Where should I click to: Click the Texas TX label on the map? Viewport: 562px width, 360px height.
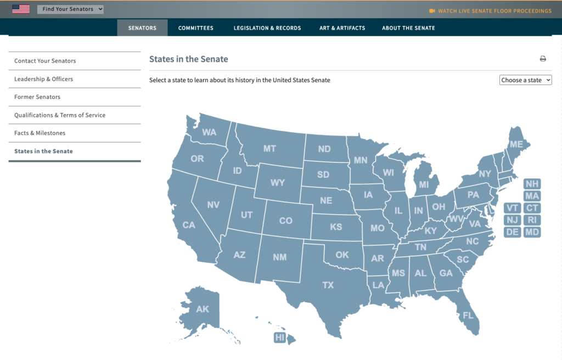(328, 285)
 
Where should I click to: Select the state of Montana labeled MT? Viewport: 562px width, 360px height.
(269, 149)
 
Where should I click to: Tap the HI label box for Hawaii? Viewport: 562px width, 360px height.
(280, 337)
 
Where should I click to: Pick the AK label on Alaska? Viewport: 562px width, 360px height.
(203, 309)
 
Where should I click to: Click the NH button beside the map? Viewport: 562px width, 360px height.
(532, 184)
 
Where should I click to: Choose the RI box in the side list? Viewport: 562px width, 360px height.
(532, 220)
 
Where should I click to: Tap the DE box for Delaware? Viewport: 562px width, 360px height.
(513, 232)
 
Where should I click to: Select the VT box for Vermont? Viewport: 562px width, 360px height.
(513, 208)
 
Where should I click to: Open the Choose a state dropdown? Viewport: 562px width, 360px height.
(525, 80)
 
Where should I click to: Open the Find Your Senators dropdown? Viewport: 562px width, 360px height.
(70, 9)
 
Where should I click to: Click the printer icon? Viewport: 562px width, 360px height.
(543, 59)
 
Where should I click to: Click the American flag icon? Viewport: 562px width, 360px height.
(21, 9)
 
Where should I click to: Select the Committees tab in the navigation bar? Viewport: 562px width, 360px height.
(196, 28)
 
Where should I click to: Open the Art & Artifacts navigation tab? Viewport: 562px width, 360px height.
(342, 28)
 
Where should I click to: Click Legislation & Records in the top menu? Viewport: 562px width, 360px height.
(267, 28)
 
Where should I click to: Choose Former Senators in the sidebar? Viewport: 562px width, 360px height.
(37, 97)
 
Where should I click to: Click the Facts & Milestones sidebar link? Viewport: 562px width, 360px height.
(40, 133)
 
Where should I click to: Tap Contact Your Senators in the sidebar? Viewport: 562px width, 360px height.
(45, 61)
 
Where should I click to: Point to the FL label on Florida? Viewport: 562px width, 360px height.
(468, 316)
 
